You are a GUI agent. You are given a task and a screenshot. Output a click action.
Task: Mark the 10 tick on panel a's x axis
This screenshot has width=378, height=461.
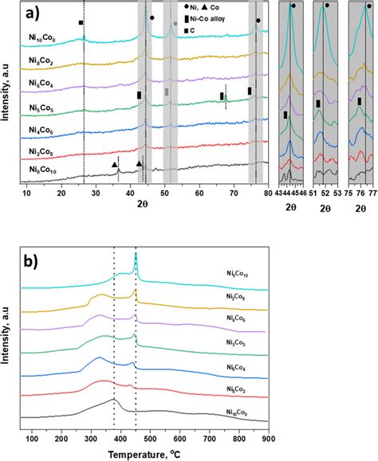(x=26, y=192)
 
